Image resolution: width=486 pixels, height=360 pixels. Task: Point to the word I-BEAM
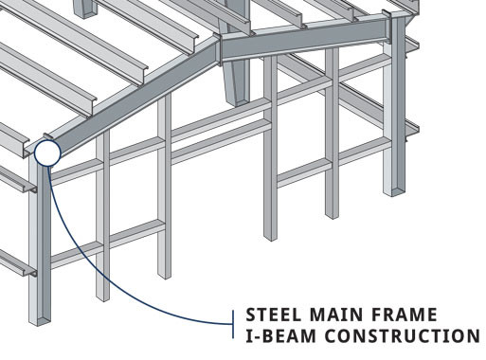pos(280,335)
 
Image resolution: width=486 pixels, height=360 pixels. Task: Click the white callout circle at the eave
pos(45,151)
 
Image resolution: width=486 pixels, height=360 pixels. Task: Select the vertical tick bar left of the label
pos(234,324)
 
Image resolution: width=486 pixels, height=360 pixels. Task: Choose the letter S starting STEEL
pos(251,315)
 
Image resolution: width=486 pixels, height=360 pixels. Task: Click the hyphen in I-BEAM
pos(257,336)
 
